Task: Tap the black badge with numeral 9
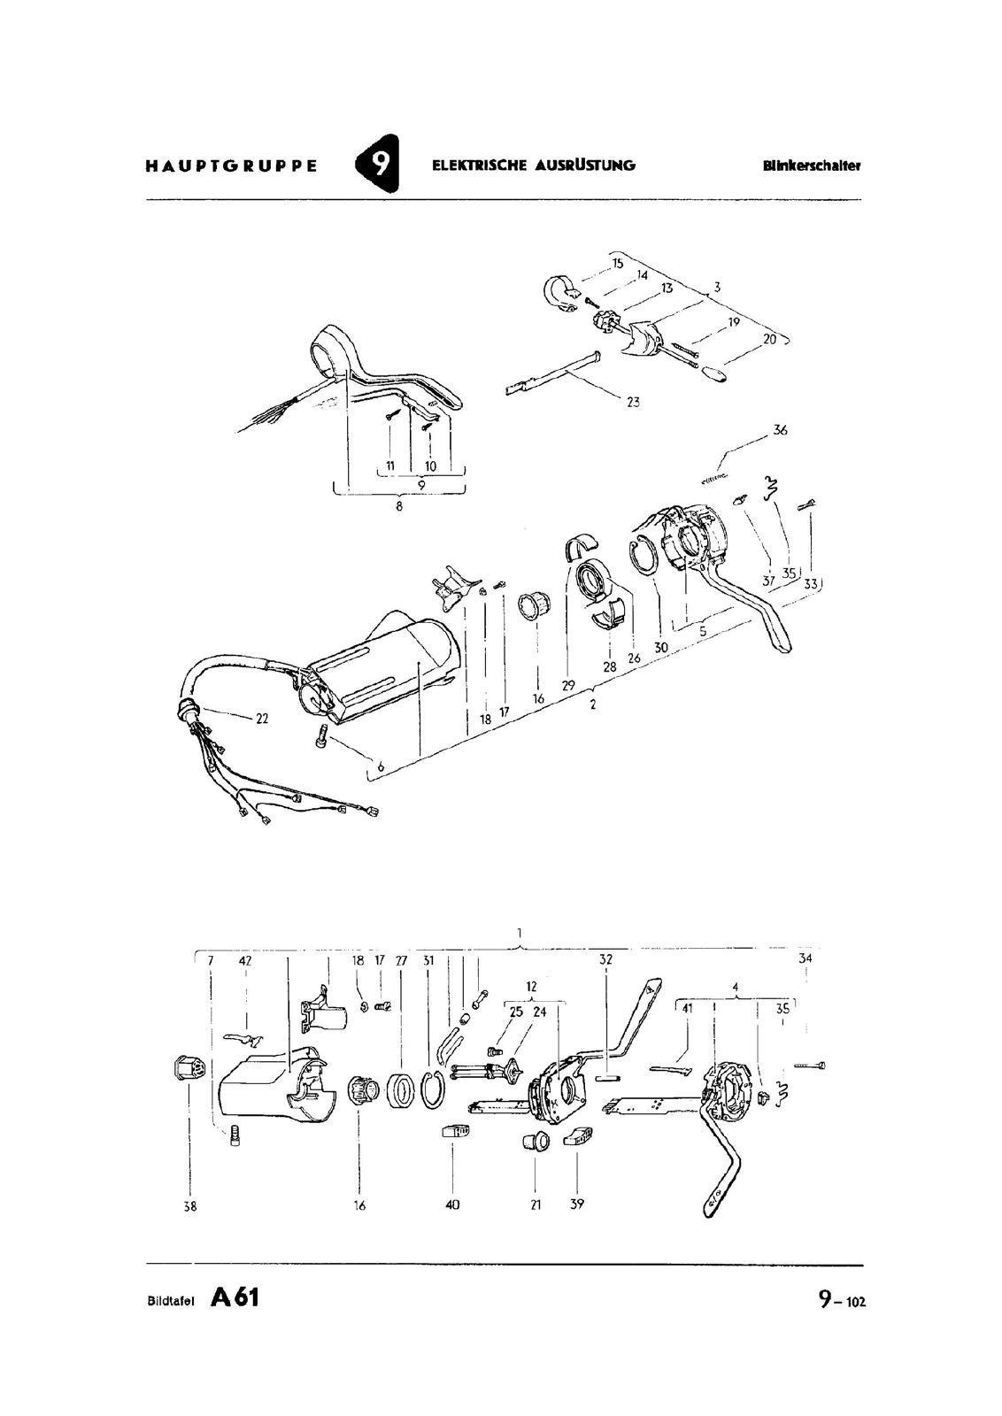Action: [x=378, y=165]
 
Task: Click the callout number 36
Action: [x=779, y=430]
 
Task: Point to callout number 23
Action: [x=632, y=402]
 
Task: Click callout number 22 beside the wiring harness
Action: [x=262, y=719]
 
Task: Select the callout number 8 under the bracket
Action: [x=399, y=507]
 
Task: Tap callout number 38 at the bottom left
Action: [x=189, y=1205]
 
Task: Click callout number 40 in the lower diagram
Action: [x=452, y=1204]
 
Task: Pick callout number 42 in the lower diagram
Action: [x=245, y=960]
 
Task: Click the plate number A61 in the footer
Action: [x=235, y=1297]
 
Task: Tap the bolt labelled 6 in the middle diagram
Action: [x=322, y=735]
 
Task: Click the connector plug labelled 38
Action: [x=189, y=1071]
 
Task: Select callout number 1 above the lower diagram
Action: [x=520, y=932]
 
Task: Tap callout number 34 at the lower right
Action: [x=805, y=958]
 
